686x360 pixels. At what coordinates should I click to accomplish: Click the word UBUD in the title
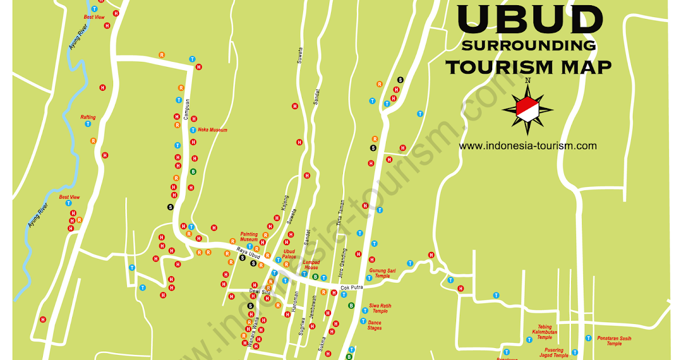(530, 21)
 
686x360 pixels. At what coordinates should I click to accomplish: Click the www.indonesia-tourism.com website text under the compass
(528, 146)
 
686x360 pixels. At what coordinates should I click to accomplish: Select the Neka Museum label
(213, 130)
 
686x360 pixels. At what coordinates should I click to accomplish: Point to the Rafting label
(88, 117)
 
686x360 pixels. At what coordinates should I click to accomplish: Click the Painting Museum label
(249, 237)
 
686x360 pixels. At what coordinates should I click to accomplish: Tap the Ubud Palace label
(289, 254)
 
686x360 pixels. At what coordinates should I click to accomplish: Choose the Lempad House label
(311, 265)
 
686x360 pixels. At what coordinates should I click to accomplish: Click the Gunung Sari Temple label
(382, 273)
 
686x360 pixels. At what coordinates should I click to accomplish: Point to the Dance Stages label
(374, 325)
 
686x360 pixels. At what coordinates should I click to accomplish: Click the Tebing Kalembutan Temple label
(544, 332)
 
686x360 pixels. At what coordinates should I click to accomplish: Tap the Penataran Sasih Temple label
(614, 341)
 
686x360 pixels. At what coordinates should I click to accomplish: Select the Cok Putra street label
(352, 287)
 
